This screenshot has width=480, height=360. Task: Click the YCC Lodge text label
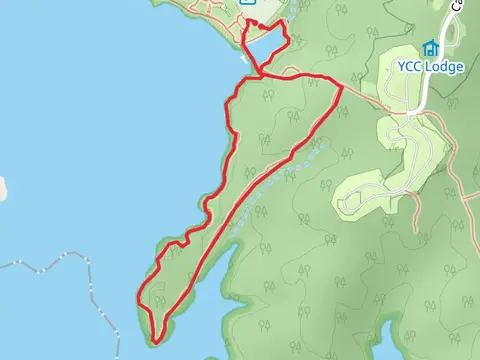tap(430, 67)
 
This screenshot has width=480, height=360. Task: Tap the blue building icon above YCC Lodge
tap(430, 48)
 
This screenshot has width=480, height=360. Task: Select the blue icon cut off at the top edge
tap(246, 3)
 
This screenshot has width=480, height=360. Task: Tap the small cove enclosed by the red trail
tap(265, 46)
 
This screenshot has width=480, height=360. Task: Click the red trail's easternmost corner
tap(342, 87)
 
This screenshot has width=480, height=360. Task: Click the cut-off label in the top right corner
tap(471, 5)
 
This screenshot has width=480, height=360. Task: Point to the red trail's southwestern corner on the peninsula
tap(139, 295)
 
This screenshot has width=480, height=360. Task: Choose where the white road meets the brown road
tap(411, 112)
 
